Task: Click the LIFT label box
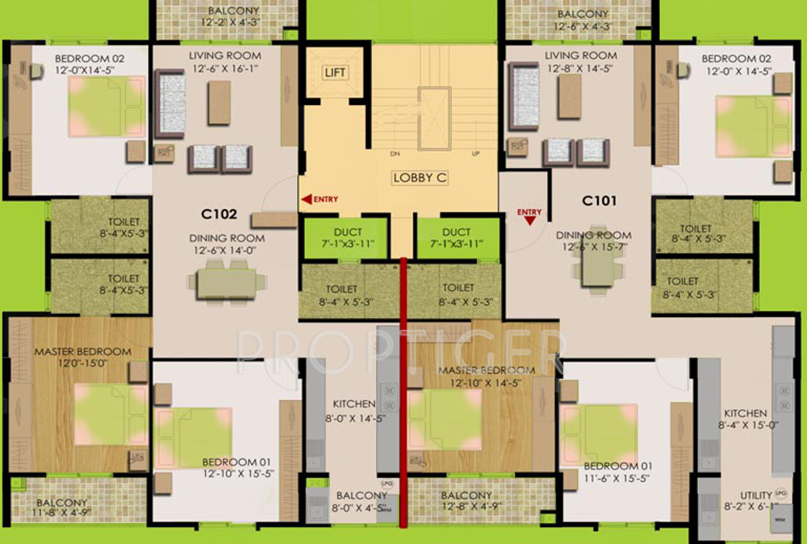(x=335, y=73)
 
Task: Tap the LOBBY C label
(x=420, y=178)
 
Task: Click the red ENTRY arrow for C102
(x=307, y=199)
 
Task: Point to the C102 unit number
(x=219, y=215)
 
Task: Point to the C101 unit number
(x=600, y=197)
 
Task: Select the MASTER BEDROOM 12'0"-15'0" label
(x=82, y=358)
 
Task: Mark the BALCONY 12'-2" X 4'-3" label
(x=233, y=17)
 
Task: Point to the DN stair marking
(x=395, y=153)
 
